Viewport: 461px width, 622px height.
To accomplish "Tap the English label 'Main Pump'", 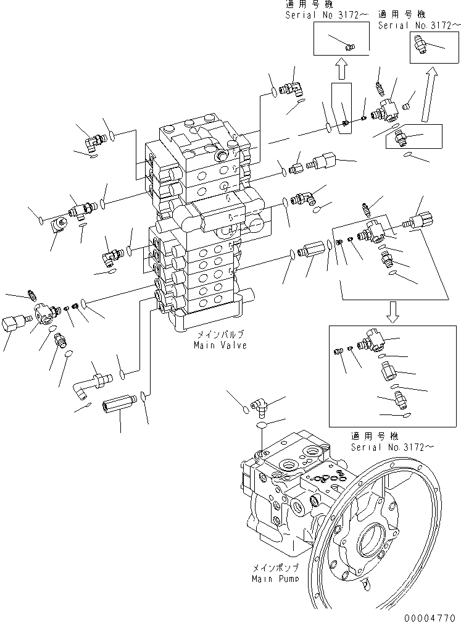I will [275, 579].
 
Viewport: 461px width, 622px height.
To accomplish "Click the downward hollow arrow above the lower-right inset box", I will [392, 313].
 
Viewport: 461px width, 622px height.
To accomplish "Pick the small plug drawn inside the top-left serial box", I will [349, 46].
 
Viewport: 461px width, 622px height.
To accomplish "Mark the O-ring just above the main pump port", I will [262, 426].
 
